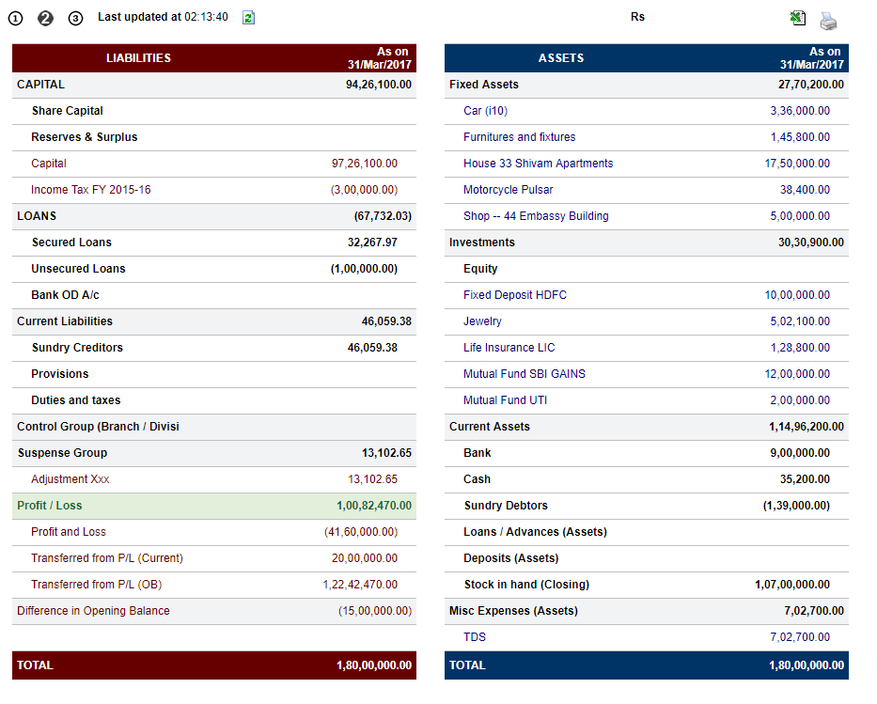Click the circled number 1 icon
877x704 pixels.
coord(16,19)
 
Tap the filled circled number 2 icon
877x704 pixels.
coord(45,19)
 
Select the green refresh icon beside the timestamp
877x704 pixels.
coord(248,18)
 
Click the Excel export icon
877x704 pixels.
coord(798,18)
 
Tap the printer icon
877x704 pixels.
coord(828,21)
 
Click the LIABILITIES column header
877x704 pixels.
coord(138,58)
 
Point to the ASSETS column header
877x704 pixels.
coord(561,58)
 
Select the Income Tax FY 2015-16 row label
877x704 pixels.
coord(90,190)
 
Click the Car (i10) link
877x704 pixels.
coord(485,111)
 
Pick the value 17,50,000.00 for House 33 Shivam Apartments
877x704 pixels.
coord(797,164)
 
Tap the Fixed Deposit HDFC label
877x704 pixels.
coord(514,295)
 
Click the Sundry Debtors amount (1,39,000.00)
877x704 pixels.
coord(796,506)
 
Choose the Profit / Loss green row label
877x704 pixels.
coord(49,506)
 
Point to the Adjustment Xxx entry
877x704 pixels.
coord(70,479)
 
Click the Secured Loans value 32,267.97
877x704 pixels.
coord(372,242)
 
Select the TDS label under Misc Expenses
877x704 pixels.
coord(475,637)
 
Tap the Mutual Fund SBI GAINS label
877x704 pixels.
coord(525,373)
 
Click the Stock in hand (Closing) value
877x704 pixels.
coord(792,585)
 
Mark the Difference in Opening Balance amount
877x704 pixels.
coord(375,611)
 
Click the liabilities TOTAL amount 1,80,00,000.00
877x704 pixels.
coord(373,665)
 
